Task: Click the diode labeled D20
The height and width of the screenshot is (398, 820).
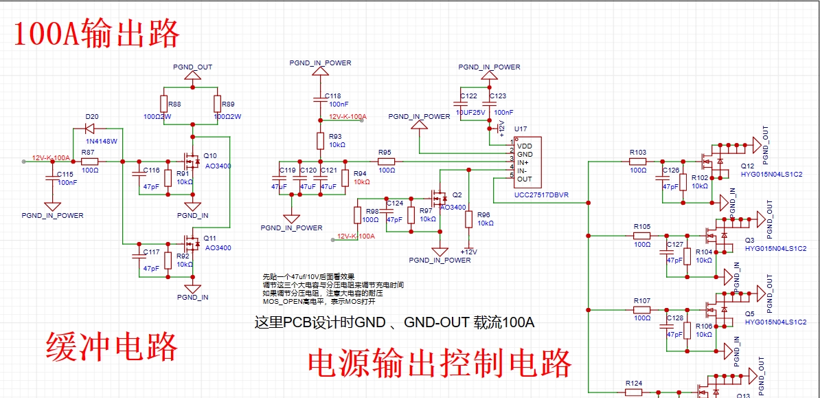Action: (89, 128)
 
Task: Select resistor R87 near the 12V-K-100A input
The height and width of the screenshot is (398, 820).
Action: (89, 162)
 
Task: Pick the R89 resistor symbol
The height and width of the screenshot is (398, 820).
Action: (217, 104)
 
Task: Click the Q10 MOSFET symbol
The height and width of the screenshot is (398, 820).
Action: (190, 161)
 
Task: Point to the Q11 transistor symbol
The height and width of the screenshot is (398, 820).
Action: (190, 243)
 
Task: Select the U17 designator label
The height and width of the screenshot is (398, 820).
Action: (521, 129)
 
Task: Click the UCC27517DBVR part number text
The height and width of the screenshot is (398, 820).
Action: (540, 195)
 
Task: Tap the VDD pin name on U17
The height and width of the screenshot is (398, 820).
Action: (524, 146)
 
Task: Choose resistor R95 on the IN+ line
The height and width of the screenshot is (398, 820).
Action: (385, 162)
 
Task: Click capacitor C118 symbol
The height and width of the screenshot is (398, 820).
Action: (320, 100)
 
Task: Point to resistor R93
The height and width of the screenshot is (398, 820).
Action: (320, 141)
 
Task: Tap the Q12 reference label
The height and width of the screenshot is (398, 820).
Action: (747, 166)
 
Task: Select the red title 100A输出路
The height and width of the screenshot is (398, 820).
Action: (97, 33)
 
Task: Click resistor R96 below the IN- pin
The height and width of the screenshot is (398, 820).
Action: (468, 219)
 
